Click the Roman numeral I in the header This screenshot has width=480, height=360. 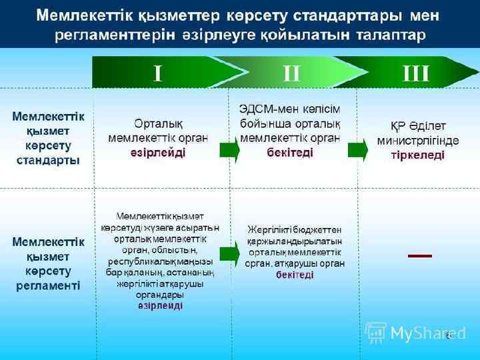pyautogui.click(x=158, y=73)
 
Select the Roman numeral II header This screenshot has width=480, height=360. pyautogui.click(x=291, y=73)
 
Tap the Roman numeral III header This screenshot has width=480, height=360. pyautogui.click(x=416, y=73)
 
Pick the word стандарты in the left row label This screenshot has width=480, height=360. pyautogui.click(x=48, y=161)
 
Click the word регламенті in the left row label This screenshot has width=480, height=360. pyautogui.click(x=48, y=286)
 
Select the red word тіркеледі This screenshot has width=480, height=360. pyautogui.click(x=417, y=155)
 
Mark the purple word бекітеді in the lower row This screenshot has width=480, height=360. pyautogui.click(x=294, y=275)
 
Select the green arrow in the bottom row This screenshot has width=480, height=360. pyautogui.click(x=229, y=252)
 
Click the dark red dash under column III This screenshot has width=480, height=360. pyautogui.click(x=419, y=255)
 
